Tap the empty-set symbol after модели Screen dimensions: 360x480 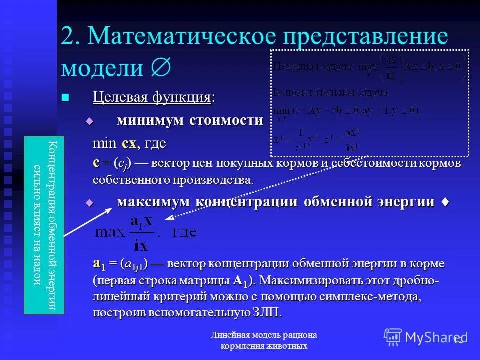[160, 67]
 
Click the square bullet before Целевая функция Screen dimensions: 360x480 [65, 97]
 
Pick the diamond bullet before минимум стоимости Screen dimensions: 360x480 [90, 121]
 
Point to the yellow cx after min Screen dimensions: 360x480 [128, 143]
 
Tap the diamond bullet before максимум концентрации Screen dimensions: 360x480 [90, 202]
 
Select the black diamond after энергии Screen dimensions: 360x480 [445, 202]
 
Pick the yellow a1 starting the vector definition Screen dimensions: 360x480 [98, 263]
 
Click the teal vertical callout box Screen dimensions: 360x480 [44, 225]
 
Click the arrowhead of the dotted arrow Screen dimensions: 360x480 [167, 218]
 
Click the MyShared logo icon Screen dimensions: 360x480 [393, 337]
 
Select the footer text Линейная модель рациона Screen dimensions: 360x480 [263, 335]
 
